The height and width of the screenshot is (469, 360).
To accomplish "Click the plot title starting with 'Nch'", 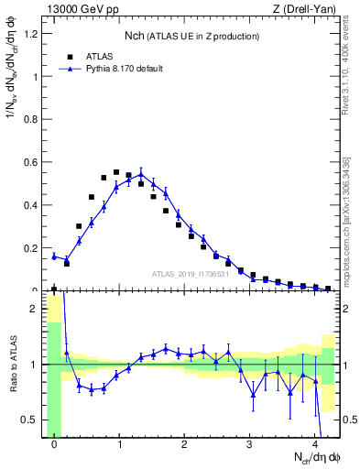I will pos(191,36).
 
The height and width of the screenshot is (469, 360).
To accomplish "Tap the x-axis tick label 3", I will pos(250,444).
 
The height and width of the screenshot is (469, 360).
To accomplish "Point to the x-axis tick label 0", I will pos(54,444).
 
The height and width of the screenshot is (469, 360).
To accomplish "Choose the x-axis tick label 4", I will pos(315,444).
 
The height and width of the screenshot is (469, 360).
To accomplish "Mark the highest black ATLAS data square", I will pos(116,172).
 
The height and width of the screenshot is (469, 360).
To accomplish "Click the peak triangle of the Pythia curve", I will pos(141,174).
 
